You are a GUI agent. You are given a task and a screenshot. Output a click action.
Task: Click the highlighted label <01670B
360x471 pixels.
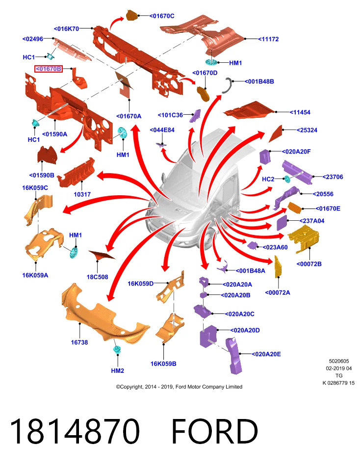click(x=49, y=69)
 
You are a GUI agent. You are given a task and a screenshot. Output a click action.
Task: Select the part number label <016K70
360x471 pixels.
click(x=66, y=29)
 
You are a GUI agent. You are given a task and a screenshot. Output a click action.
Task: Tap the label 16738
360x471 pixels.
click(x=79, y=342)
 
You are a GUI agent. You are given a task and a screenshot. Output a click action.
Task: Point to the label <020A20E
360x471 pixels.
click(x=266, y=354)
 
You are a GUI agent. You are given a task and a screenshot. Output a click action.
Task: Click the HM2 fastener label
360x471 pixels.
click(x=117, y=371)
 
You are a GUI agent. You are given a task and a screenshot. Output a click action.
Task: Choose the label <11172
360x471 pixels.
click(x=268, y=39)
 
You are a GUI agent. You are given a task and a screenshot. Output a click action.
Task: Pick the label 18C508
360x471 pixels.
click(x=97, y=277)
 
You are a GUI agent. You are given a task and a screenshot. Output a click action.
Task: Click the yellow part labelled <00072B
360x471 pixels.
click(x=303, y=239)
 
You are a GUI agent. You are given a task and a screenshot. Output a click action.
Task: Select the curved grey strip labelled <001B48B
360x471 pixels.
click(x=227, y=85)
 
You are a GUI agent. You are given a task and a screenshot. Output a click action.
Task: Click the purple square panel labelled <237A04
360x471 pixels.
click(x=282, y=223)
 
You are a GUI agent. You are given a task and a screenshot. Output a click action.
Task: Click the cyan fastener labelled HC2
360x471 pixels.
click(x=287, y=179)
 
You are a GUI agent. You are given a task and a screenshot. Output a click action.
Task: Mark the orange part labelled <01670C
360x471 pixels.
click(x=131, y=15)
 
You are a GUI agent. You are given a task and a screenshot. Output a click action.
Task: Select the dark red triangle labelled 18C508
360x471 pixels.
click(x=101, y=255)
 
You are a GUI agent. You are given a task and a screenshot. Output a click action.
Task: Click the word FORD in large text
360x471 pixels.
click(x=215, y=431)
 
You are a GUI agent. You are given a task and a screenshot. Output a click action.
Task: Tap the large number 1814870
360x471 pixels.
click(x=75, y=431)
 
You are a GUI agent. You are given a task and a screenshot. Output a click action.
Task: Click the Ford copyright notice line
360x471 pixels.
click(x=179, y=387)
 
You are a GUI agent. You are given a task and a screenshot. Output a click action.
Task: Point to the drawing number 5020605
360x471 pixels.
click(x=339, y=361)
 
